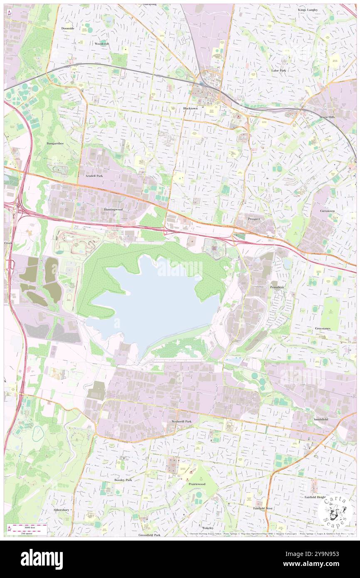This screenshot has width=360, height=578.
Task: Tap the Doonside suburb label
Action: pos(67,28)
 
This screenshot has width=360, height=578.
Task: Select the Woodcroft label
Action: pos(101,44)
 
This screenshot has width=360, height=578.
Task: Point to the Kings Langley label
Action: pos(307,10)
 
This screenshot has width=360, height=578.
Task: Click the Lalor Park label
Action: pos(279,71)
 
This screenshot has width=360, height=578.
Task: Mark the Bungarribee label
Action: pos(55,143)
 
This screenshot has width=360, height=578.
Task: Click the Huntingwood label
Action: pos(113,209)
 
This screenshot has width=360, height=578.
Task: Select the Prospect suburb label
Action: pos(254,219)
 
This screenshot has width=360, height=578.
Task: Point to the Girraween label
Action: pos(328,211)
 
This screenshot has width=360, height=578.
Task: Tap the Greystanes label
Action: pos(323,329)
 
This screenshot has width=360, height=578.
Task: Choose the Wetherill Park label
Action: pos(182,421)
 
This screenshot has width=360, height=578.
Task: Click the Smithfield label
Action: pos(321,419)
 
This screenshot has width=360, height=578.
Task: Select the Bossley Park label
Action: pos(123,480)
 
